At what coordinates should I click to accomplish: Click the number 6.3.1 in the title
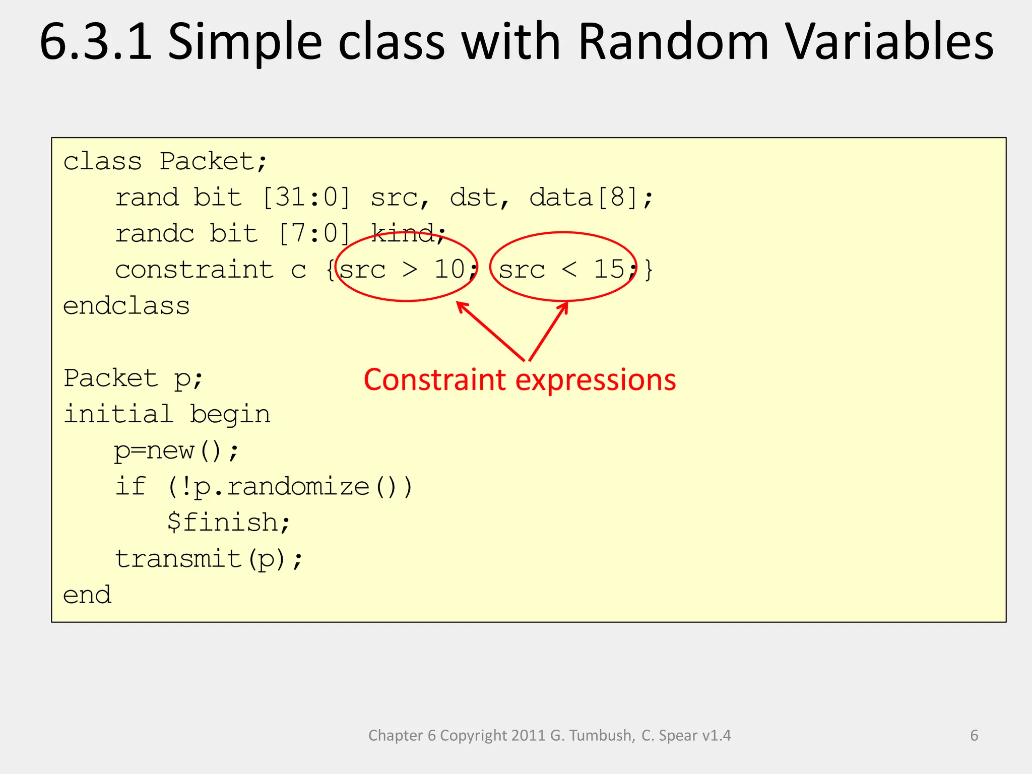point(96,42)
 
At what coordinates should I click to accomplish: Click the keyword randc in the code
point(155,234)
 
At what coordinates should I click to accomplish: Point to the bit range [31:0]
point(306,197)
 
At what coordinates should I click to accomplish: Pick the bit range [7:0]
point(314,234)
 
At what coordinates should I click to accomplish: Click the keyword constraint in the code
point(195,270)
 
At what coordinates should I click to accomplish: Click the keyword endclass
point(126,306)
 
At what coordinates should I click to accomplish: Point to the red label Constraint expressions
point(520,379)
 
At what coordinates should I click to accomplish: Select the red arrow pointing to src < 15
point(548,331)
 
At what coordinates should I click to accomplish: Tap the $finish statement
point(229,523)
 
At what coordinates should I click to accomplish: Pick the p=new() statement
point(176,450)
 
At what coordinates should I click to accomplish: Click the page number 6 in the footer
point(974,735)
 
